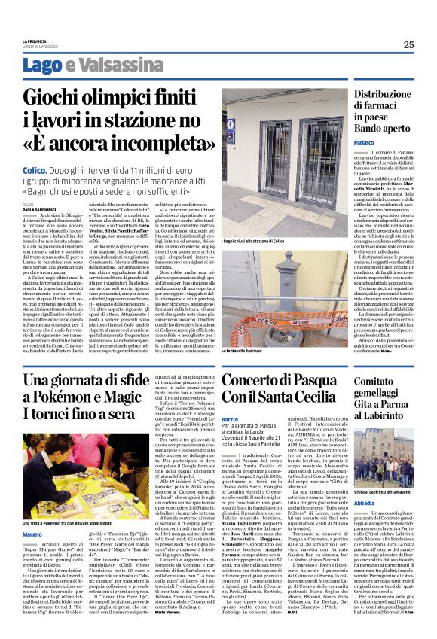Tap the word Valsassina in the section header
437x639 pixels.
tap(121, 65)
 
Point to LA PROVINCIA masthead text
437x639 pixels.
tap(37, 41)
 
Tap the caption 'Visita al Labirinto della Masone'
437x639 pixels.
tap(390, 491)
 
